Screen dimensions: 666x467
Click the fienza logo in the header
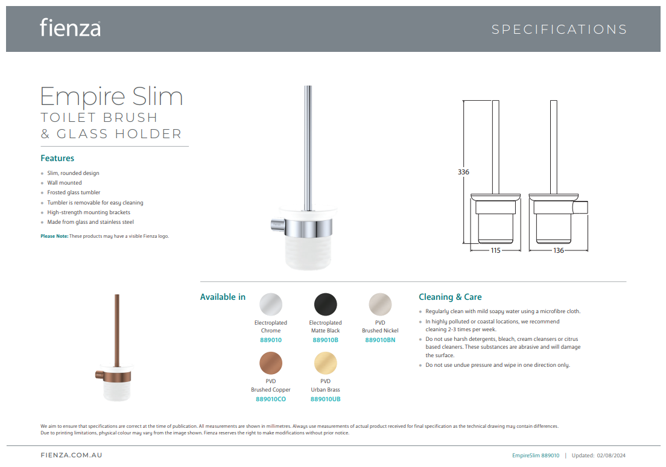(x=70, y=28)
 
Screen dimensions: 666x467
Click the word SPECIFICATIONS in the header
(x=559, y=30)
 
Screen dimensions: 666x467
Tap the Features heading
(x=57, y=158)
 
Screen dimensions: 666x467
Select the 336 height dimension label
(x=463, y=172)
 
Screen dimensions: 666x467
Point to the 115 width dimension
(x=495, y=250)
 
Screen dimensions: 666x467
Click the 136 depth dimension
(x=559, y=250)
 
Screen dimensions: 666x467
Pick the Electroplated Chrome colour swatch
(x=270, y=304)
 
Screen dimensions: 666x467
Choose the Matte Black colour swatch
(x=325, y=304)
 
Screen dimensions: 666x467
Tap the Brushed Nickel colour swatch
(x=380, y=304)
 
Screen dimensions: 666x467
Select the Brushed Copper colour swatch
(x=270, y=363)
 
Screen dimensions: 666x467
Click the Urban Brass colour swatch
(x=325, y=363)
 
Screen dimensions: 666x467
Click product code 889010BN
(x=380, y=340)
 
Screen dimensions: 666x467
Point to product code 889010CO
(x=270, y=399)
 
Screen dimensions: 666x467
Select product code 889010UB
(x=325, y=399)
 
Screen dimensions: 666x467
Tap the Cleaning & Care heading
(x=450, y=297)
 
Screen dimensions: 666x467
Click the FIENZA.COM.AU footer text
(x=71, y=455)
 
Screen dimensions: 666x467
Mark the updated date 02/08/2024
(x=611, y=456)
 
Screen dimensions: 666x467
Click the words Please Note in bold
(x=54, y=237)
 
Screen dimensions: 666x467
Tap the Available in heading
(x=223, y=297)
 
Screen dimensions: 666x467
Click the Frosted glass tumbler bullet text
(x=74, y=192)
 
